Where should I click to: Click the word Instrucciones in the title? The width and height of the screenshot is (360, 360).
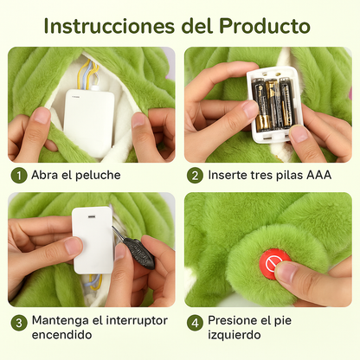coord(109,26)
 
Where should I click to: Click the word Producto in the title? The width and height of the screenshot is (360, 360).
coord(265,26)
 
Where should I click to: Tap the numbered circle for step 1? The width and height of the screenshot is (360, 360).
coord(19,176)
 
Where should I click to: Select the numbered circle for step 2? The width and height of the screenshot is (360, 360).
coord(195,176)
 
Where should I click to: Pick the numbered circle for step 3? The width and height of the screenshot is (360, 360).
coord(19,323)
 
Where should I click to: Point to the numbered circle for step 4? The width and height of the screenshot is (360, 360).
coord(195,323)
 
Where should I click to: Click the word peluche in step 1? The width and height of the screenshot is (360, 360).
coord(98,176)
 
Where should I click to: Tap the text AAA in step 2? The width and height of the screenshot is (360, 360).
coord(318,175)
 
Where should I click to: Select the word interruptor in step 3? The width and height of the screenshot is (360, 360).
coord(137,320)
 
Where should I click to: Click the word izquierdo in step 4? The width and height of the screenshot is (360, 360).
coord(235,336)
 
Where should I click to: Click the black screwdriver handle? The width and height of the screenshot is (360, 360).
coord(139,253)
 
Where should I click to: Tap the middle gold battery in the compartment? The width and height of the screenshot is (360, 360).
coord(272,105)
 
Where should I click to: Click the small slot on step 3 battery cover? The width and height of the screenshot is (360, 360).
coord(92,216)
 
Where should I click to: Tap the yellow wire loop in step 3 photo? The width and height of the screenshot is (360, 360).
coord(95,282)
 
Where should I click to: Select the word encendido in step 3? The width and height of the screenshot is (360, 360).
coord(61,335)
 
